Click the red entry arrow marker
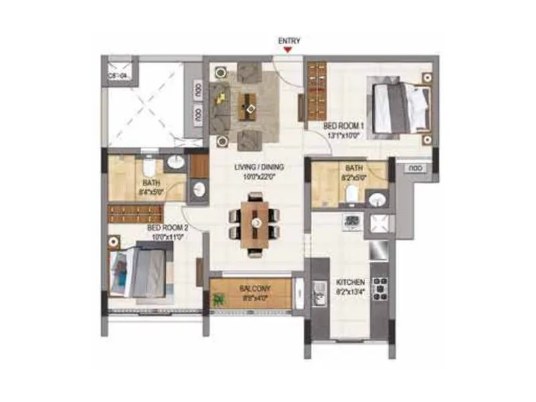tap(287, 49)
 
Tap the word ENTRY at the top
tap(288, 40)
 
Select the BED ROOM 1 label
tap(343, 126)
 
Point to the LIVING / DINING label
tap(255, 167)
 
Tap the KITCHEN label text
tap(350, 283)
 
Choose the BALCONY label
tap(254, 289)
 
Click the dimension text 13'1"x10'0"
tap(344, 135)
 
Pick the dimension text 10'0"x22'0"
tap(255, 176)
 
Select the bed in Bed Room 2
tap(139, 269)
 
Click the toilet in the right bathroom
tap(350, 194)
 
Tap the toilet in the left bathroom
tap(149, 166)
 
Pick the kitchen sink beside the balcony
tap(319, 295)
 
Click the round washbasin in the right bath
tap(376, 198)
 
